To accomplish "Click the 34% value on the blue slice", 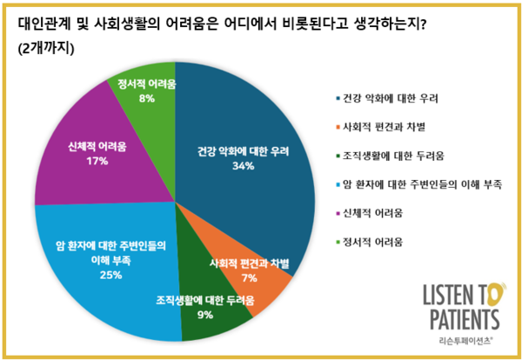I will (244, 165).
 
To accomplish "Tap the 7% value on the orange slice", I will (251, 277).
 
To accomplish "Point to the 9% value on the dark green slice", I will (205, 315).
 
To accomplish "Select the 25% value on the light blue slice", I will (110, 275).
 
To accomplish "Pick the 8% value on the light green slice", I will (146, 98).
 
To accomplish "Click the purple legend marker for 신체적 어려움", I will (338, 212).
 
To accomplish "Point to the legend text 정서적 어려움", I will (378, 241).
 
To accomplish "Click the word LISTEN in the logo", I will (446, 294).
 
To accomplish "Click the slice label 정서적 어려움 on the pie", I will (146, 84).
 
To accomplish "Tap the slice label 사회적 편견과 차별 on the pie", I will (250, 263).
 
